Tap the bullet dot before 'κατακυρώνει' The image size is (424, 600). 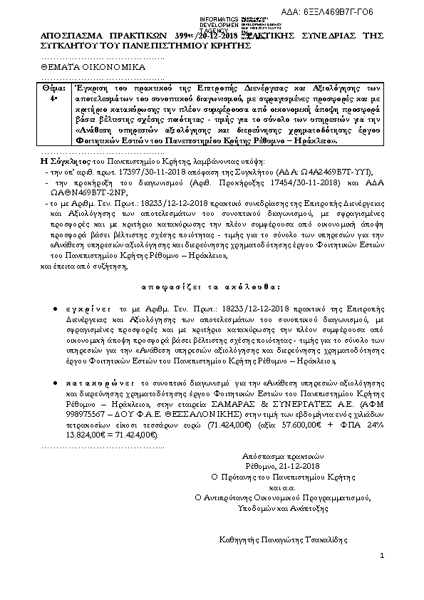point(56,382)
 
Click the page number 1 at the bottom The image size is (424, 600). point(381,555)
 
